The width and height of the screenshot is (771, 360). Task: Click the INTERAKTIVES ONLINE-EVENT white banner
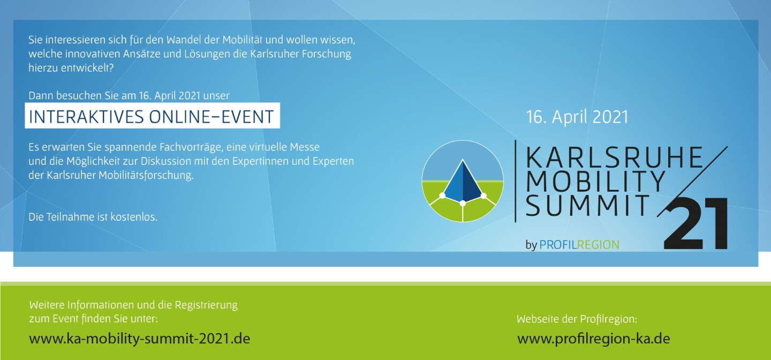(152, 116)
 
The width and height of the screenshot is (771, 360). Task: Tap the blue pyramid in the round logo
(463, 181)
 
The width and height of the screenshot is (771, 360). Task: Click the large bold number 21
(696, 223)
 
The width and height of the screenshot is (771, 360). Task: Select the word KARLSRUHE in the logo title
(614, 157)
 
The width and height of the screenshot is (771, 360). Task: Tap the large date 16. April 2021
(577, 117)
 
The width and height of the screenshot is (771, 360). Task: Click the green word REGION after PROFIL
(598, 245)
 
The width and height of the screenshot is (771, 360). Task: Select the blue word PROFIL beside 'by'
(558, 245)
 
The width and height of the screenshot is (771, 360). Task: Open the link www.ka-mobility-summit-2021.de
(139, 338)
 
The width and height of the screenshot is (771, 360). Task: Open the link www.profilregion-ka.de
(594, 338)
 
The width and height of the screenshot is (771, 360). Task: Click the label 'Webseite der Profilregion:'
(577, 319)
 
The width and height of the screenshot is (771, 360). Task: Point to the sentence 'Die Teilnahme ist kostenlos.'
(93, 217)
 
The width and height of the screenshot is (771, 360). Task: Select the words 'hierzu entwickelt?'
(71, 68)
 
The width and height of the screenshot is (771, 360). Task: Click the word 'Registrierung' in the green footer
(206, 305)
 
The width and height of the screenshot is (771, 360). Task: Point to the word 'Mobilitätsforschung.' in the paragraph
(146, 175)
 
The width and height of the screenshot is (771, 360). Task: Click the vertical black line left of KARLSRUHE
(515, 181)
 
